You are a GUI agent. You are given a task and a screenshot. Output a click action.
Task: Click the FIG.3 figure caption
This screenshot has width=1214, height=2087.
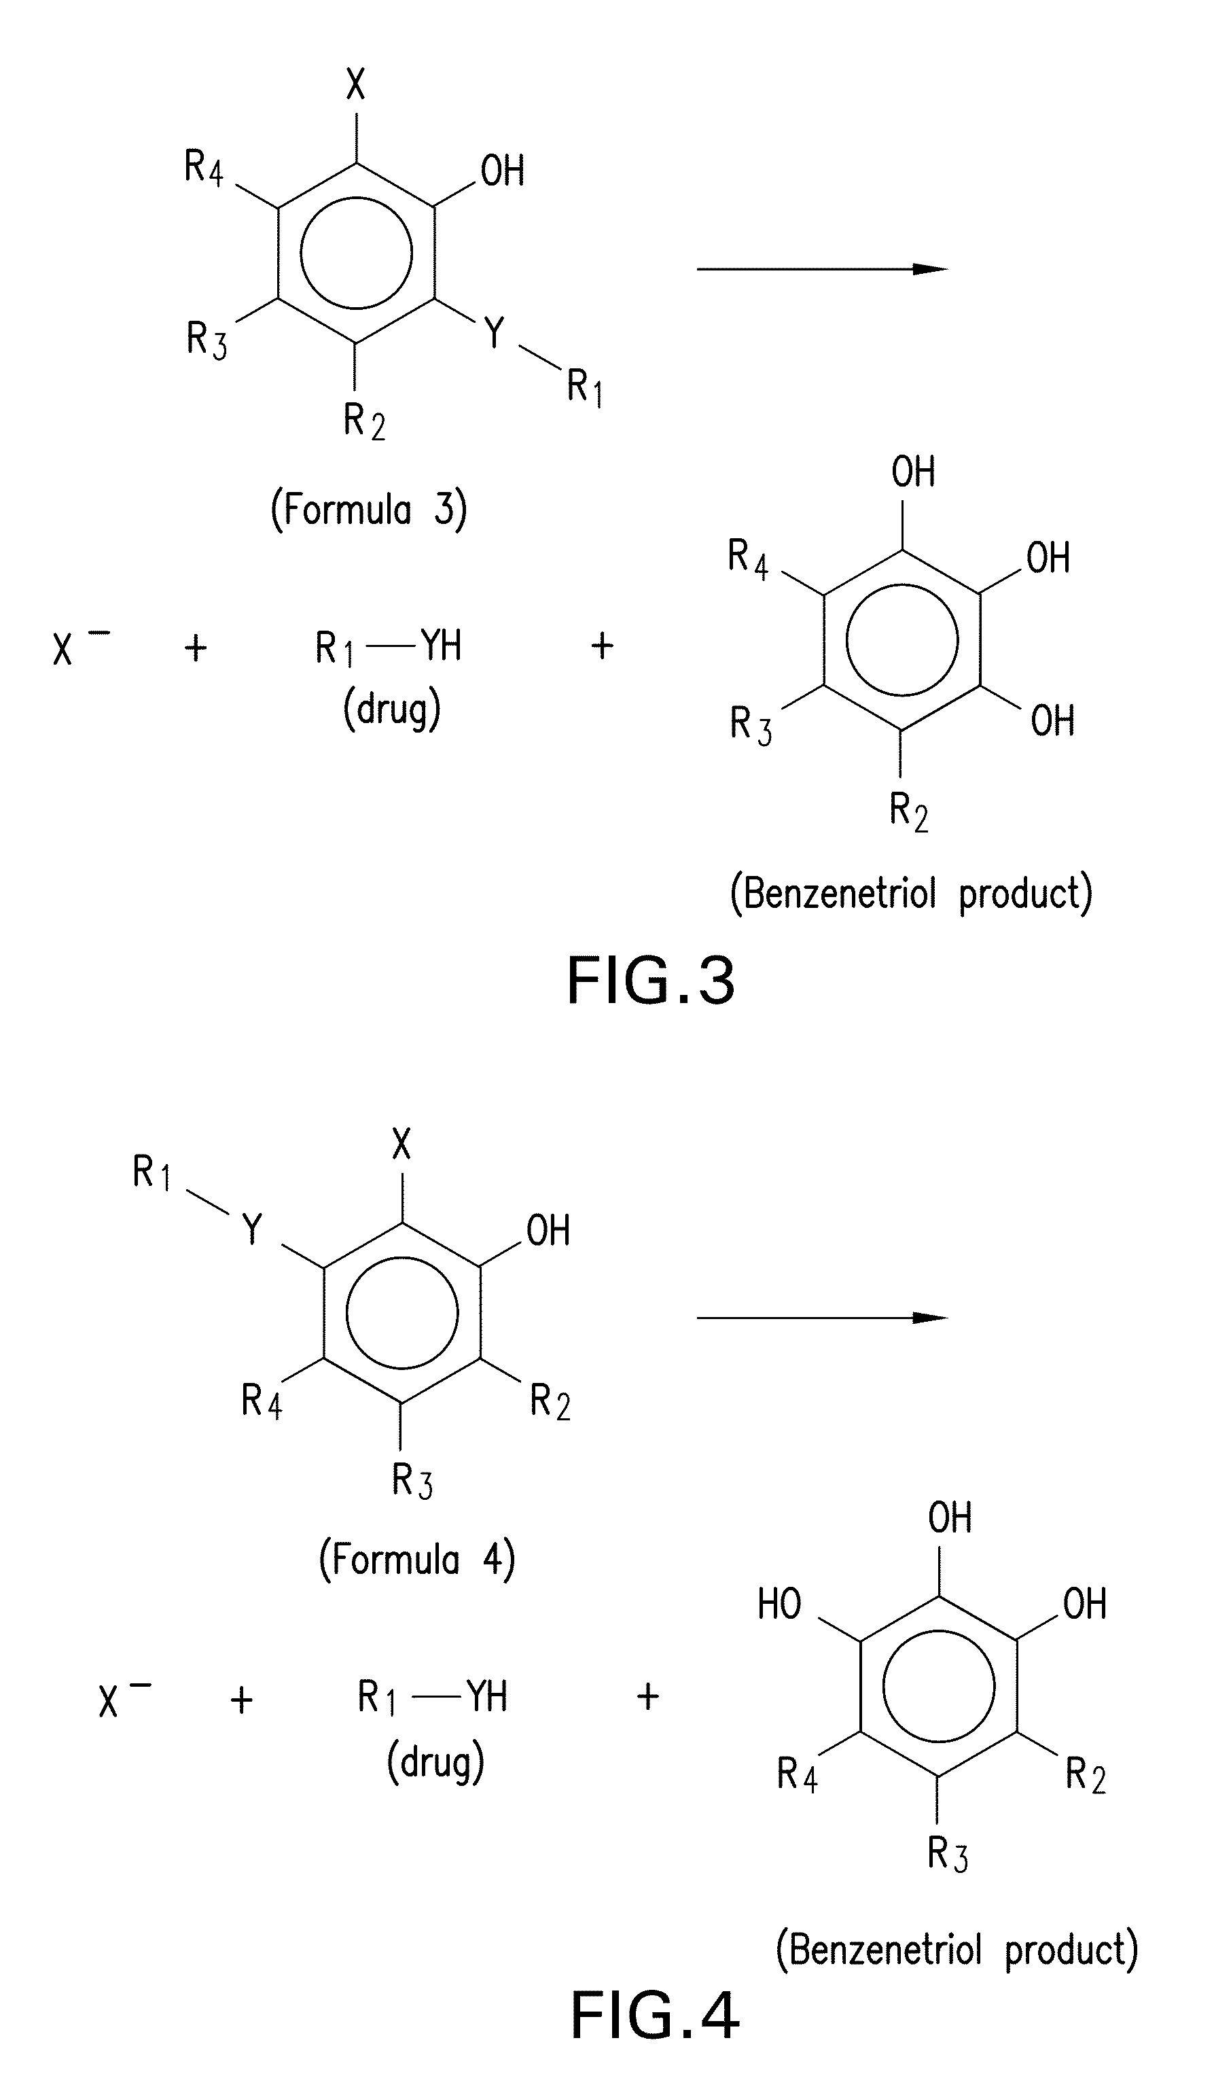(x=651, y=981)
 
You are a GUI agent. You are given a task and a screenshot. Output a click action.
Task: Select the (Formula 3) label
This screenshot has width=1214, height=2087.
(x=368, y=509)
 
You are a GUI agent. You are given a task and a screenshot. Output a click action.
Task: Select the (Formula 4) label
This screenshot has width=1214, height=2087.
(x=416, y=1560)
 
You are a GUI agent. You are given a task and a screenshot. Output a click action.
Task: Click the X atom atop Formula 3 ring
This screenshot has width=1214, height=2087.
(x=355, y=84)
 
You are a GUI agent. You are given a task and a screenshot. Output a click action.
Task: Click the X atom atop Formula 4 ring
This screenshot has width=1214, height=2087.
(x=401, y=1145)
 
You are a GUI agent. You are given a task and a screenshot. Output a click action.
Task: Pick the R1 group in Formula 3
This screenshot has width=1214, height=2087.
(x=584, y=387)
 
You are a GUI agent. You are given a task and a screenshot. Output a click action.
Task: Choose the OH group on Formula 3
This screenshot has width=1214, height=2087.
(x=502, y=171)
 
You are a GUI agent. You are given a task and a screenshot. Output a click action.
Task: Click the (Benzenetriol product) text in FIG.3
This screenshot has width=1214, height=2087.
(x=911, y=894)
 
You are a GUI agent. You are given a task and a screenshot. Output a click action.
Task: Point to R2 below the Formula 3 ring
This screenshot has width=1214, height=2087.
(x=364, y=421)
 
